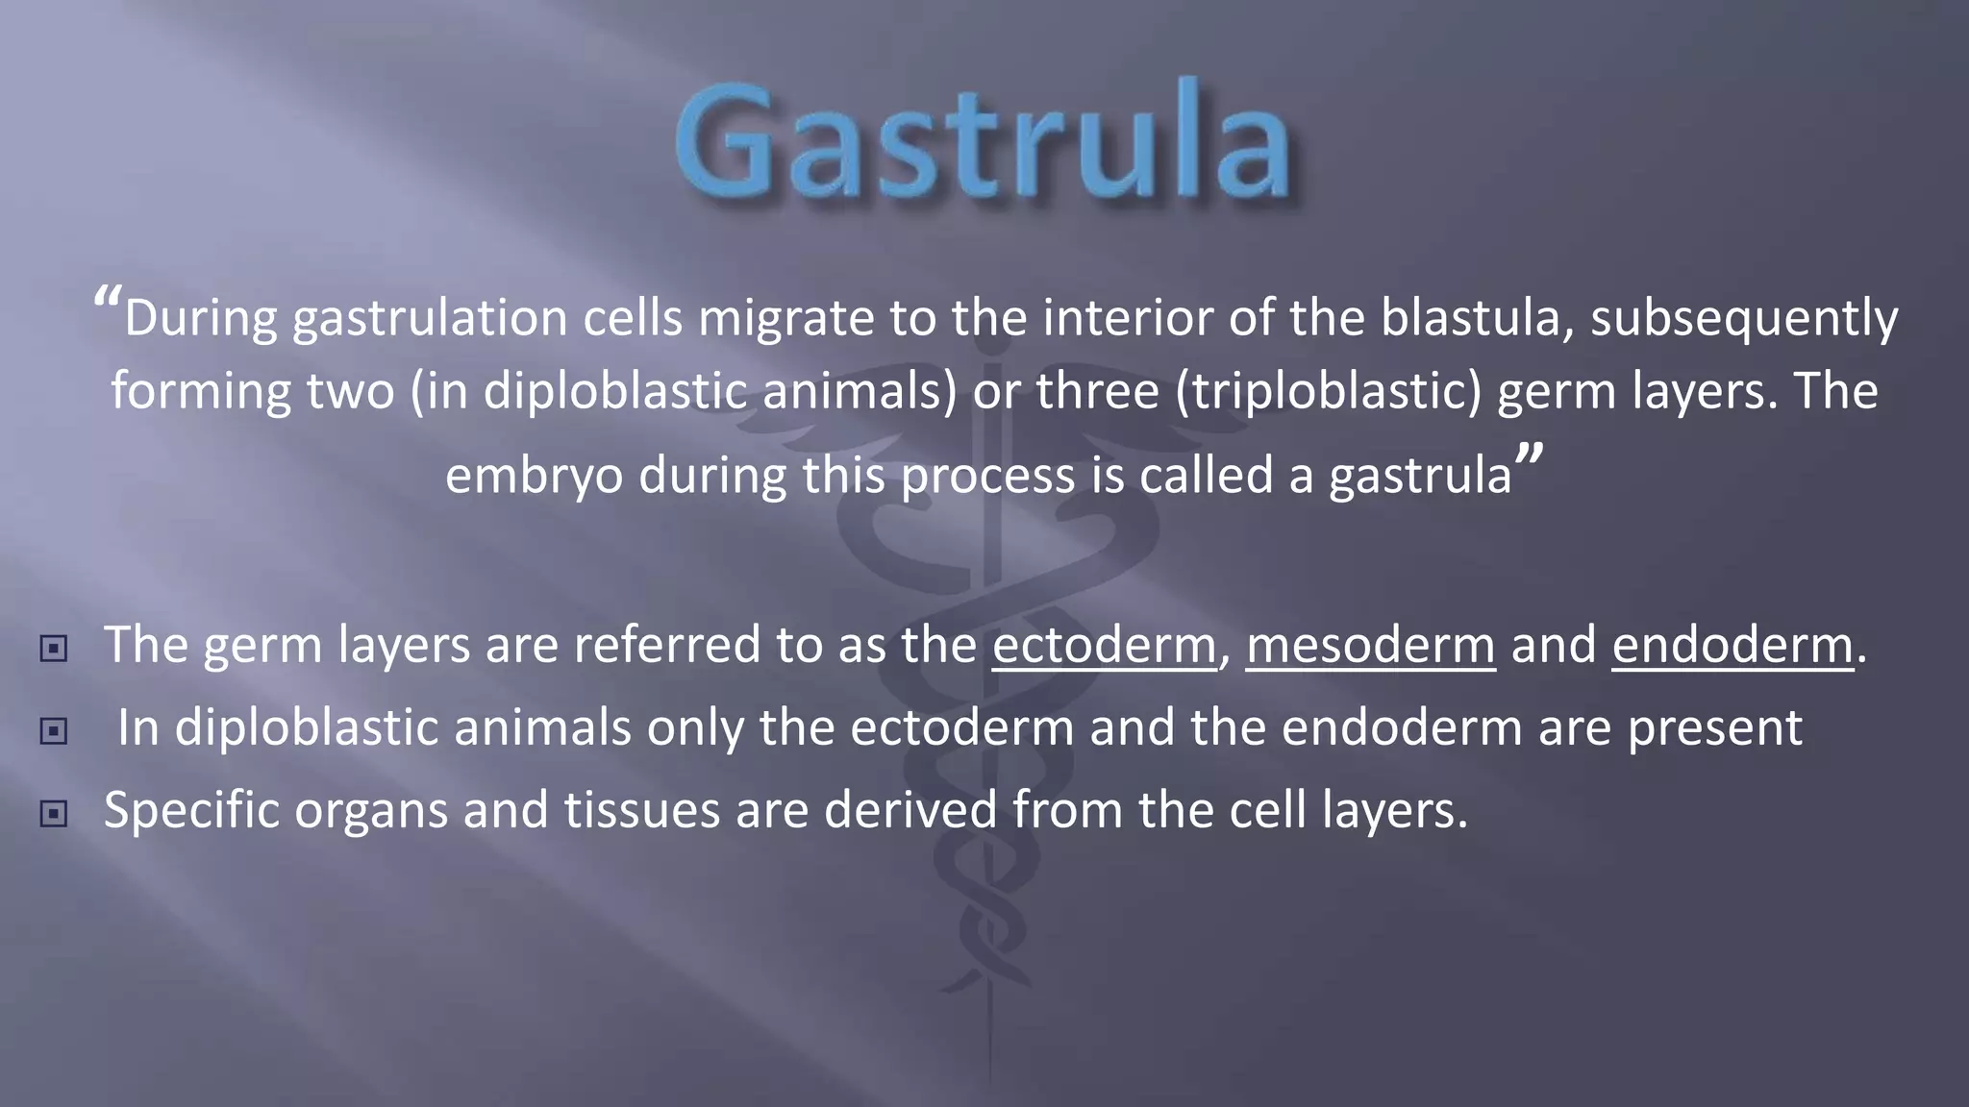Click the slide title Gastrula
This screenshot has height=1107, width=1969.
(983, 142)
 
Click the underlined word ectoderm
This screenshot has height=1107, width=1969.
(1104, 645)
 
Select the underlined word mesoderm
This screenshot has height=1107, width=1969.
(1370, 645)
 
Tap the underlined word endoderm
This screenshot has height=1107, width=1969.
(1732, 645)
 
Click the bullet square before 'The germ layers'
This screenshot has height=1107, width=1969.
(54, 649)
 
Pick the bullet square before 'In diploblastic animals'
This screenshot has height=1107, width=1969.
(54, 731)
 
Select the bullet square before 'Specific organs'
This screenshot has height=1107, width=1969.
(54, 814)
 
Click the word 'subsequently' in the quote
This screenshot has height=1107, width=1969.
(1744, 319)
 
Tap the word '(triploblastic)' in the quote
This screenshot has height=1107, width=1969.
(1328, 392)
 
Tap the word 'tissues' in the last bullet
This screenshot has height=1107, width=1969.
(641, 810)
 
